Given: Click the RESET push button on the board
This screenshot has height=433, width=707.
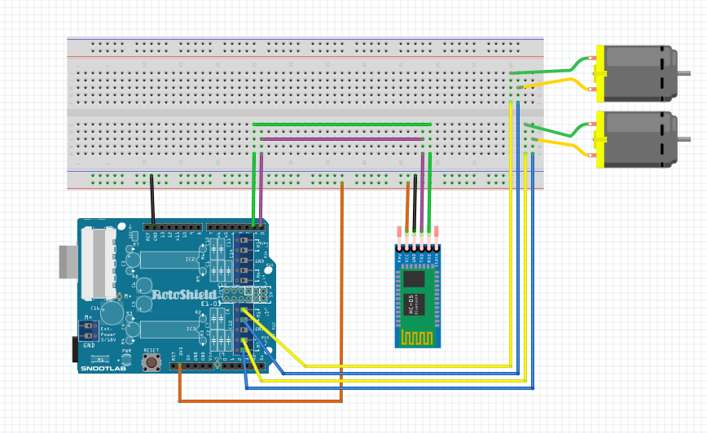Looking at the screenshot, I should tap(151, 361).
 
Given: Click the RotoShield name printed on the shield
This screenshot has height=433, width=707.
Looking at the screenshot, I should tap(183, 294).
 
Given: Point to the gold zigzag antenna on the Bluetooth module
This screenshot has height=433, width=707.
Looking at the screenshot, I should tap(418, 336).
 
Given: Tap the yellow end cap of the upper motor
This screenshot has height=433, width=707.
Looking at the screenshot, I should tap(600, 73).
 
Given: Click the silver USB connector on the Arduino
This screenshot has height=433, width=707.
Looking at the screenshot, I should tap(68, 261).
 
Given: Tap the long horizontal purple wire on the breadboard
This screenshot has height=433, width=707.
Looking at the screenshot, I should tap(342, 139).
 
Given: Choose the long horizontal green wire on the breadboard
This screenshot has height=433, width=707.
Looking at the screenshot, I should tap(342, 125).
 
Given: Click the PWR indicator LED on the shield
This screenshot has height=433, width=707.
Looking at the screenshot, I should tap(127, 359).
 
